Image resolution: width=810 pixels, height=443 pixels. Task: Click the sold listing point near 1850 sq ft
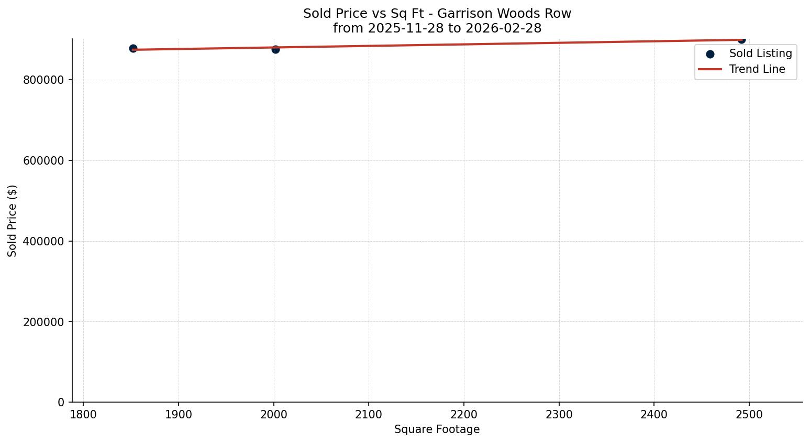pos(133,49)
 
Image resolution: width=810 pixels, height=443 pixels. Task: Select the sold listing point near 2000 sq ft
pos(275,49)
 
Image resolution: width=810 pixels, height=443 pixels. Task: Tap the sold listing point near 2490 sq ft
pos(741,39)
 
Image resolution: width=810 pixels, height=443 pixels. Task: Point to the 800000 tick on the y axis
pos(43,80)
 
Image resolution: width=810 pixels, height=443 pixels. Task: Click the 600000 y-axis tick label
pos(43,161)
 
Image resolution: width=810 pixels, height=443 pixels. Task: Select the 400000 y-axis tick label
pos(43,242)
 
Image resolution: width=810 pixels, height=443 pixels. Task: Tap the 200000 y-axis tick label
pos(43,322)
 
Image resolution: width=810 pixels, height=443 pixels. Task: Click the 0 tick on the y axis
pos(61,403)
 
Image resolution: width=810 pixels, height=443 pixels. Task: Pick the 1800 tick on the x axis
pos(83,414)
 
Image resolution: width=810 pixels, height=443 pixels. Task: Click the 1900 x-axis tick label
pos(179,414)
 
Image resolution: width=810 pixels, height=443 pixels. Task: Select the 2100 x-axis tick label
pos(369,414)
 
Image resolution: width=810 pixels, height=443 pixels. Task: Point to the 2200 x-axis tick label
pos(464,414)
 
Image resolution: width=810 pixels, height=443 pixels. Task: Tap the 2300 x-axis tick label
pos(559,414)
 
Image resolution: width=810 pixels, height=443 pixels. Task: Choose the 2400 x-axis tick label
pos(654,414)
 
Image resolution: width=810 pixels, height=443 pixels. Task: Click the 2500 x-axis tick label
pos(749,414)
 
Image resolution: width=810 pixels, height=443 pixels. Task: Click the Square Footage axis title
pos(437,430)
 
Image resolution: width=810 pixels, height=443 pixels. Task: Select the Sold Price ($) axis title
pos(13,221)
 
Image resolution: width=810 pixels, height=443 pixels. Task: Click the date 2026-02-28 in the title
pos(503,28)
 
